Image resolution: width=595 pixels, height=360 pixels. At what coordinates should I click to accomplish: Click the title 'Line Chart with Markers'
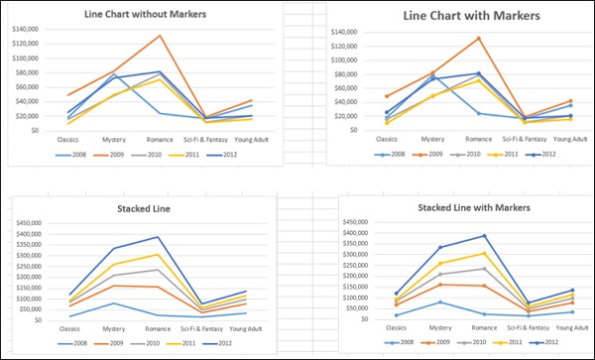point(457,16)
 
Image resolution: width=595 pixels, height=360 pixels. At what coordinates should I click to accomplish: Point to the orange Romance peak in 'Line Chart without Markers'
point(159,36)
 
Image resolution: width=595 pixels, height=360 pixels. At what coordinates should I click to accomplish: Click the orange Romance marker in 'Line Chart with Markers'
point(479,39)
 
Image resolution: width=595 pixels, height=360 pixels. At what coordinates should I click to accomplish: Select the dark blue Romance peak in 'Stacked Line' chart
point(157,237)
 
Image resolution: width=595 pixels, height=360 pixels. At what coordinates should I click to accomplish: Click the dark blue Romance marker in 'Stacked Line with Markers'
point(483,236)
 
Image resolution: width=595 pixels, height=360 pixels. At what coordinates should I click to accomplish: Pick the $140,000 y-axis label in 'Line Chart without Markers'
point(25,29)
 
